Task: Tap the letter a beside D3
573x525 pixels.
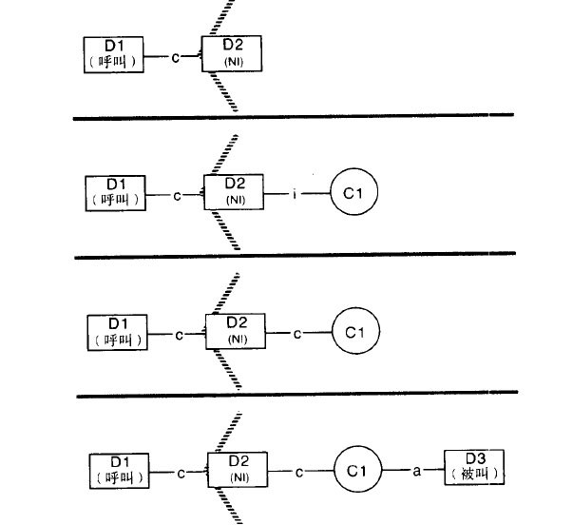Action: tap(416, 471)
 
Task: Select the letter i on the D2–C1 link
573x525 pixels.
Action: tap(295, 194)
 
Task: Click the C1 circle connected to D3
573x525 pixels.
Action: tap(357, 470)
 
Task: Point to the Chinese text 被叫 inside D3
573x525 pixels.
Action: tap(474, 475)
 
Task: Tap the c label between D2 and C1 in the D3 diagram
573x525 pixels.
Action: tap(299, 473)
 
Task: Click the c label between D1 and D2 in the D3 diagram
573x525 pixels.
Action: tap(181, 474)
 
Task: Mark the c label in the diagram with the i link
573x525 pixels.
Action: tap(178, 196)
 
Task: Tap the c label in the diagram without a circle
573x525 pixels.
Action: tap(176, 58)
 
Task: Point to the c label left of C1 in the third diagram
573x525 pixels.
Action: tap(297, 334)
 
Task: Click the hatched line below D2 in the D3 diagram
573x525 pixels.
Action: tap(229, 506)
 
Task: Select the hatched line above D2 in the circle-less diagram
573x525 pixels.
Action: tap(221, 17)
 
